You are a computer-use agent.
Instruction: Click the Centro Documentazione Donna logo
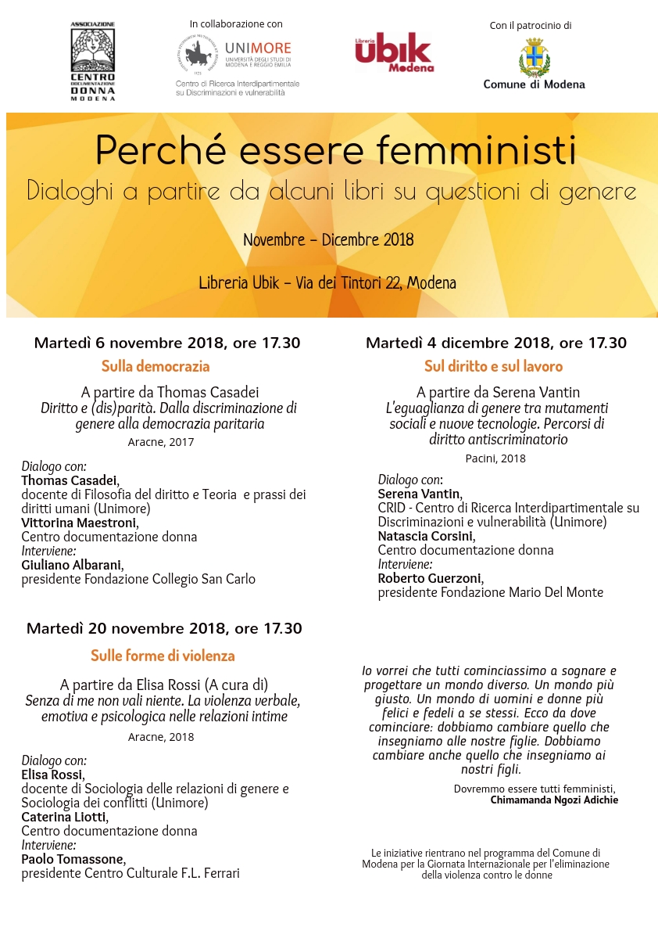point(93,61)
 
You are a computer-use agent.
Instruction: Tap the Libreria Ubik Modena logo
point(394,52)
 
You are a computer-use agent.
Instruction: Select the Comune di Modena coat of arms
point(535,57)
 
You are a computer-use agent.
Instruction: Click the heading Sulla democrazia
point(156,366)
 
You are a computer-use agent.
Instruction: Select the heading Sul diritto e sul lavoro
point(493,366)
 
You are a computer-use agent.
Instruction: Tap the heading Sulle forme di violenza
point(163,656)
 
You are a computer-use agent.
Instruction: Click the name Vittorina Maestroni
point(79,523)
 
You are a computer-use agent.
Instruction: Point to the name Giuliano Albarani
point(72,565)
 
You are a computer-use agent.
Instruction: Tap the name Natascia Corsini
point(425,536)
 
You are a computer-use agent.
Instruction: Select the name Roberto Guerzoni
point(430,578)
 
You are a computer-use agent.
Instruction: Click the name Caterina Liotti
point(64,817)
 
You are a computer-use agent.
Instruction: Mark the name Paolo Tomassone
point(73,859)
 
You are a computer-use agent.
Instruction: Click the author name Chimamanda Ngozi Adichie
point(554,800)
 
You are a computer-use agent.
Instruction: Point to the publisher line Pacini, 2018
point(495,458)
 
